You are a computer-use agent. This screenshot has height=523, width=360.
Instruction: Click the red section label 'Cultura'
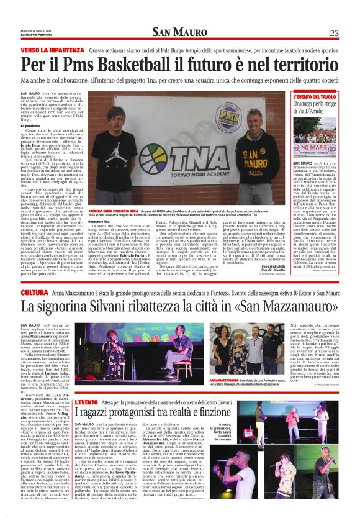35,292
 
